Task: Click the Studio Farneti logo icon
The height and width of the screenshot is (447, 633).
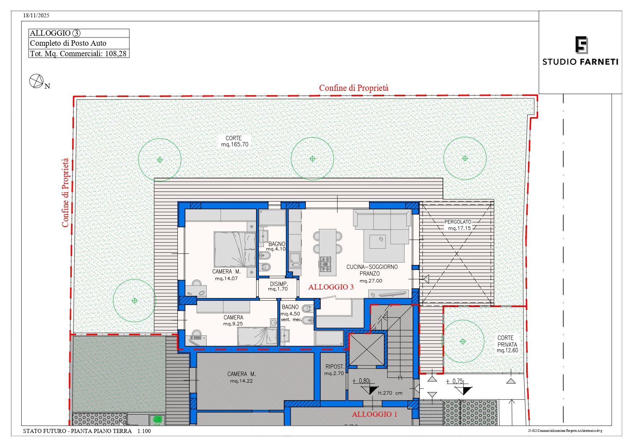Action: [x=581, y=45]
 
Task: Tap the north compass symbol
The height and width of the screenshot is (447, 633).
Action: [x=36, y=81]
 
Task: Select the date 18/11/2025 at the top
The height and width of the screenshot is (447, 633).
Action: [x=36, y=16]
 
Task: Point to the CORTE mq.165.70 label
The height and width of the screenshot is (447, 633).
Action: [x=235, y=141]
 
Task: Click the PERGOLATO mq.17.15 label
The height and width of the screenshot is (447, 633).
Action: [x=458, y=225]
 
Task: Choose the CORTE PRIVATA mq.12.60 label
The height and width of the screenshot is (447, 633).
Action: [x=507, y=344]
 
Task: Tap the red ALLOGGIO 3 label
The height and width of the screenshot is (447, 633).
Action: [x=331, y=287]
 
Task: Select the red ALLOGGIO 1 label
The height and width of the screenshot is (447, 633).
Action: [x=374, y=414]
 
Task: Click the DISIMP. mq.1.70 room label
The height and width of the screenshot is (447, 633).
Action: [x=278, y=286]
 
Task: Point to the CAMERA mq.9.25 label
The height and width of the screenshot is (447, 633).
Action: [x=233, y=320]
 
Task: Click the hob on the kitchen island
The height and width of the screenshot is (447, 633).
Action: [x=325, y=264]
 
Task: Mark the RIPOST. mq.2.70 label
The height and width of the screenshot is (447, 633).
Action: [x=334, y=370]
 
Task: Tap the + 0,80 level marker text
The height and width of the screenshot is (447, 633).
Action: [x=361, y=381]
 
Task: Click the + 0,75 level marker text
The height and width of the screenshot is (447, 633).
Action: [x=454, y=381]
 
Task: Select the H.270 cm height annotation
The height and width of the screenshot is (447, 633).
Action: [x=390, y=393]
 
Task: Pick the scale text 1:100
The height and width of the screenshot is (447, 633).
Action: [x=144, y=431]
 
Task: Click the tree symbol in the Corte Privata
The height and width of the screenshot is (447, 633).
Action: [x=463, y=341]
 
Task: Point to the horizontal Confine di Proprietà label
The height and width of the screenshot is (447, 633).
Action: [x=354, y=88]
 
